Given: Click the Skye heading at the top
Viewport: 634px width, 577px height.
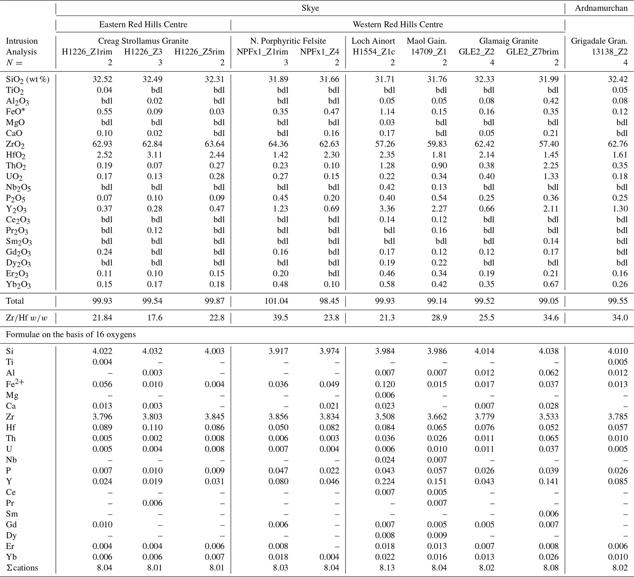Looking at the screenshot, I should coord(310,8).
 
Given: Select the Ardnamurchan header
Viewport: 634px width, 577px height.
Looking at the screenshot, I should coord(601,8).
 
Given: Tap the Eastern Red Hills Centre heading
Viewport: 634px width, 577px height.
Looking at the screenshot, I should coord(143,25).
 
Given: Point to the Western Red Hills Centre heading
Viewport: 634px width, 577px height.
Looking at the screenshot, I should coord(398,25).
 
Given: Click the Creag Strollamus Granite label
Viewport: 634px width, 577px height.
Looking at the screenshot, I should coord(143,41).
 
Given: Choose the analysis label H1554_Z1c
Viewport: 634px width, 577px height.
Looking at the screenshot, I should coord(373,52).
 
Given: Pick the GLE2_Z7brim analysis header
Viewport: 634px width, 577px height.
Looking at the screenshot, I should coord(532,52).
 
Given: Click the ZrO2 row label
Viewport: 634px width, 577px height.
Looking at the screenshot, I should coord(15,144).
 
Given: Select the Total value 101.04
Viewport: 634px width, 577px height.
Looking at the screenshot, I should coord(276,301).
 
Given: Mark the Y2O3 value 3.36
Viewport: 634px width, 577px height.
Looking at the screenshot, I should coord(386,209).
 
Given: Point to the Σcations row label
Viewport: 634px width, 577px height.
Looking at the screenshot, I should coord(22,568).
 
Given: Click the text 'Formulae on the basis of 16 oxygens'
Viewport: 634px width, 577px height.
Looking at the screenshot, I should coord(71,334).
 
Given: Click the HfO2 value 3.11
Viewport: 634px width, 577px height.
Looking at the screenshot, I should coord(154,155).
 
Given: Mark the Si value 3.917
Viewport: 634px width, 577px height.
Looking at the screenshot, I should coord(278,351).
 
